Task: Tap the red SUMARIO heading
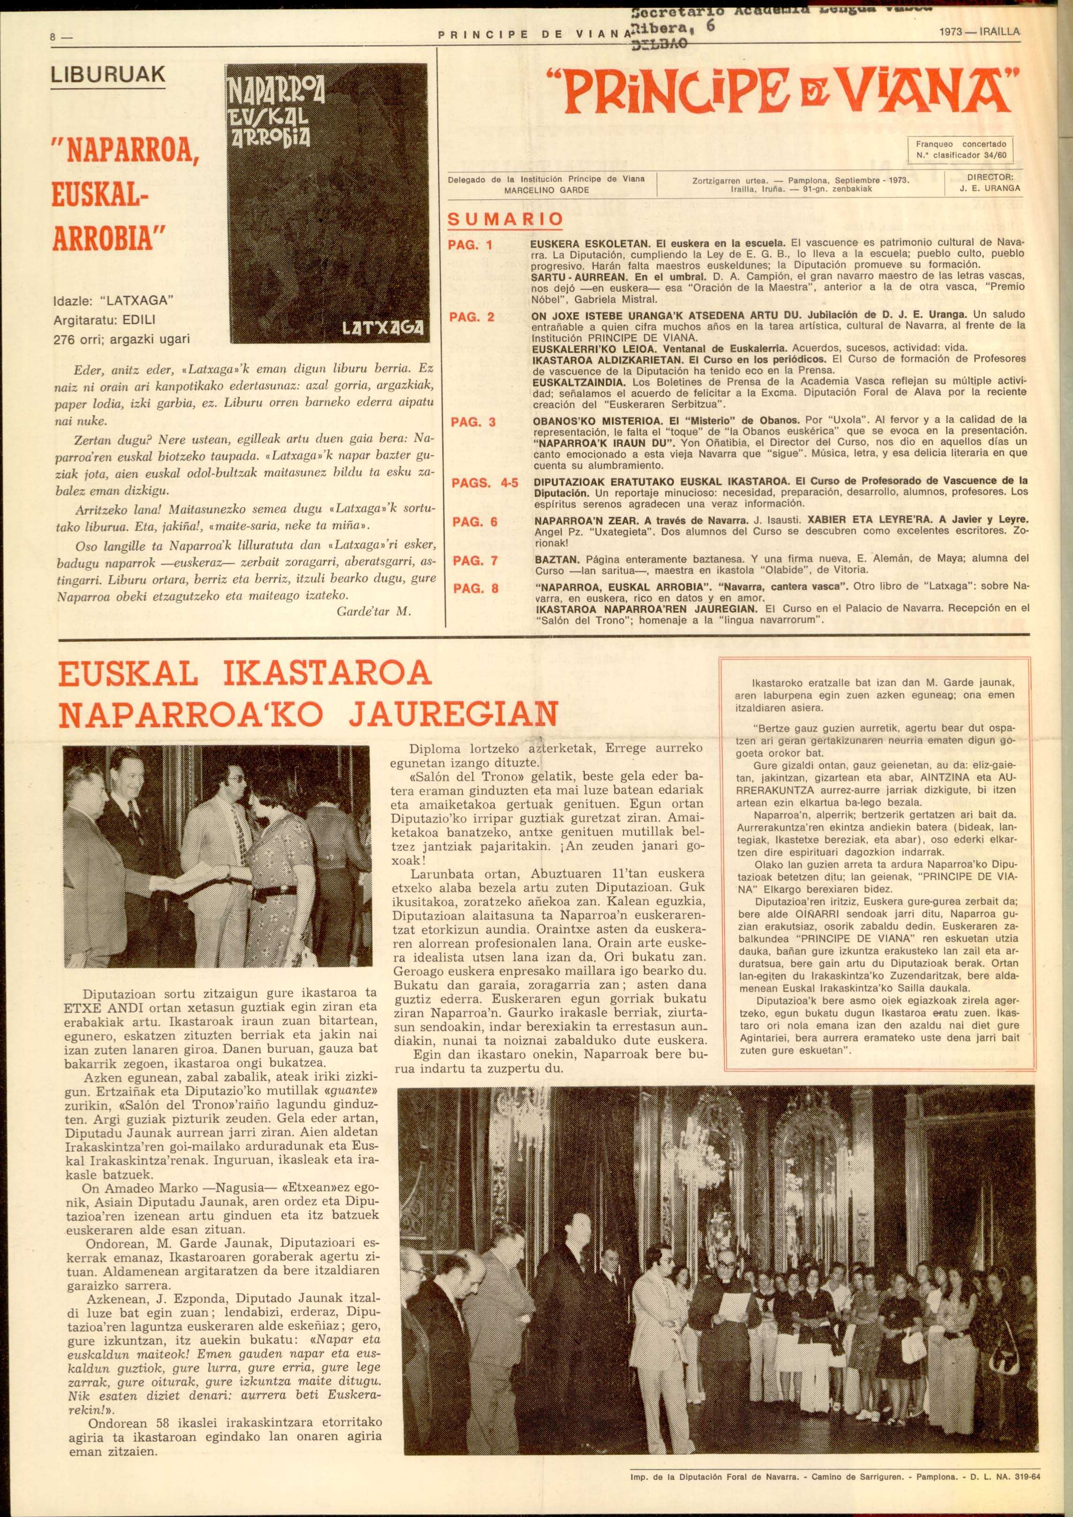coord(506,219)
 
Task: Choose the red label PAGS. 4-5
coord(484,484)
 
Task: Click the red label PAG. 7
coord(474,561)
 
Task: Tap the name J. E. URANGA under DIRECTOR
coord(990,188)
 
